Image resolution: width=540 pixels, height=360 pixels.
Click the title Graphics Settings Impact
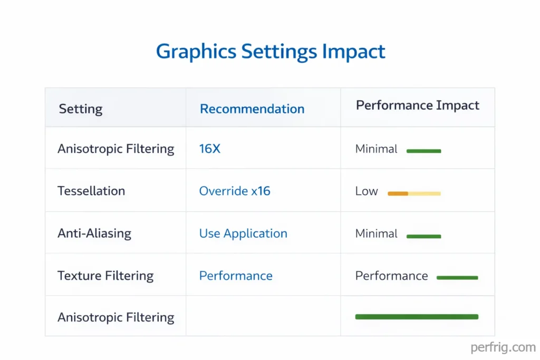[x=271, y=52]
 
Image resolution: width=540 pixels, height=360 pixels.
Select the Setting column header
[x=80, y=109]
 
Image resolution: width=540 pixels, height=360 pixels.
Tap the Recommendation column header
[x=252, y=109]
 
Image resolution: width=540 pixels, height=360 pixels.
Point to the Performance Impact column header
[x=417, y=105]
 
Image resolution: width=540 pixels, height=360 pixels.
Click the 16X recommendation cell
[x=209, y=149]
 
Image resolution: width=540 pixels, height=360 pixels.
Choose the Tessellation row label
[x=91, y=191]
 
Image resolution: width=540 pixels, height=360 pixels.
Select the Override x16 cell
[x=235, y=191]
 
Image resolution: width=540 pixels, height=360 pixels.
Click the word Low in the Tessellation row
[x=367, y=191]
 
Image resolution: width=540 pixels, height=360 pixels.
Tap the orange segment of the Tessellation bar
[x=398, y=193]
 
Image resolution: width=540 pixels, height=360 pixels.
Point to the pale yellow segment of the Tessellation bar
[x=425, y=193]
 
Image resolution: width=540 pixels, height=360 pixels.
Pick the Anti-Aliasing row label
[x=94, y=233]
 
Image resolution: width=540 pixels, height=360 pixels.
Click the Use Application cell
[x=243, y=233]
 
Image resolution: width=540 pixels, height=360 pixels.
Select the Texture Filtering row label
[x=105, y=276]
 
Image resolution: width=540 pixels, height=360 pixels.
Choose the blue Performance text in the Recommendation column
[x=236, y=276]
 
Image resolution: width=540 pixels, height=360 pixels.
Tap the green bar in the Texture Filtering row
[x=457, y=277]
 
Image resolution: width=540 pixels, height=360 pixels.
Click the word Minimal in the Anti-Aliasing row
[x=377, y=233]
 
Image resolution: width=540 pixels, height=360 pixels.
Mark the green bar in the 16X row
[x=423, y=151]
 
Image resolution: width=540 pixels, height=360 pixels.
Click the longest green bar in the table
[x=417, y=317]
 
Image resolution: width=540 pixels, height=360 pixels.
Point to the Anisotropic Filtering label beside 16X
[x=115, y=149]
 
